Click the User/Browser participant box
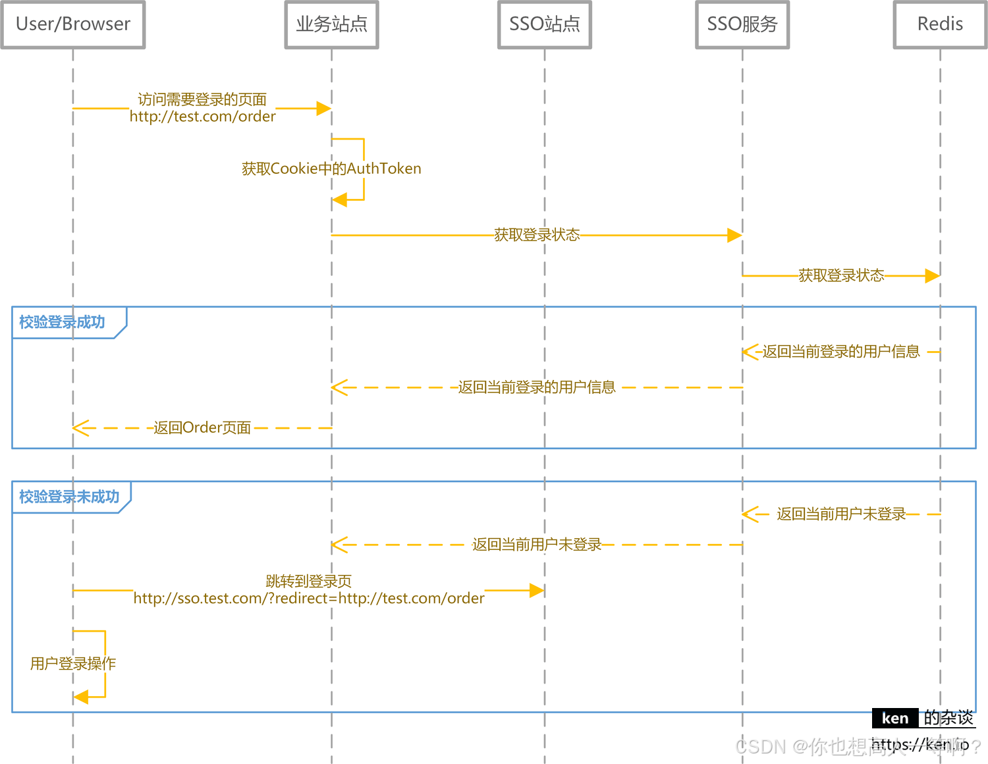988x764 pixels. (x=72, y=24)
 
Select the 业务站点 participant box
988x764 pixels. (x=331, y=24)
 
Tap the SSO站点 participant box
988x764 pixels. (x=544, y=24)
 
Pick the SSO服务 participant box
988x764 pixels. (x=742, y=24)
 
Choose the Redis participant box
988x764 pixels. (x=940, y=24)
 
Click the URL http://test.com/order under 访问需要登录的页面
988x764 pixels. (x=202, y=117)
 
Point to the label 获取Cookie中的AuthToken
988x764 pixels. (x=331, y=169)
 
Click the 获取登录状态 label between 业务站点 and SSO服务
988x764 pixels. (x=537, y=235)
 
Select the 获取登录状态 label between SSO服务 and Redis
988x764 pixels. (x=841, y=276)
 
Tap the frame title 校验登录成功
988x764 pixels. (x=62, y=322)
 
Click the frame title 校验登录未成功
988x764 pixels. (x=69, y=497)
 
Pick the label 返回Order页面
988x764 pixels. (x=202, y=428)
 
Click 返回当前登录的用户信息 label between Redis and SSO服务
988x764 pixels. (x=841, y=352)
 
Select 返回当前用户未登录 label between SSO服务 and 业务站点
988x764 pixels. (x=537, y=545)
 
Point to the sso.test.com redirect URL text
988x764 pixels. (x=309, y=598)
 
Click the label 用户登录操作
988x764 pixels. (x=72, y=663)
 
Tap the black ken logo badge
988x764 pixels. (x=894, y=718)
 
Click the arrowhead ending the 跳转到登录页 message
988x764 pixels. (x=537, y=591)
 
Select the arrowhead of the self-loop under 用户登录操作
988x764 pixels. (x=80, y=697)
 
